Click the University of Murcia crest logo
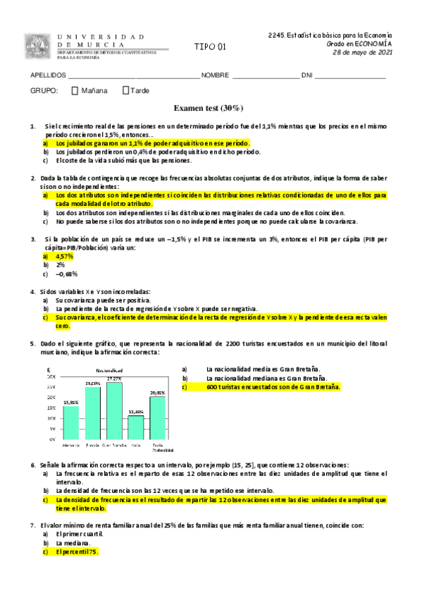tap(37, 46)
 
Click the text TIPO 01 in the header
tap(211, 47)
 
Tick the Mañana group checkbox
tap(75, 90)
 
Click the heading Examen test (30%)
tap(209, 108)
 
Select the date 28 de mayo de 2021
tap(362, 53)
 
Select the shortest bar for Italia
tap(136, 427)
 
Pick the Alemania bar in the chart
tap(70, 422)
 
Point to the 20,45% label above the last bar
tap(158, 392)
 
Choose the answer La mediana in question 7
tap(73, 543)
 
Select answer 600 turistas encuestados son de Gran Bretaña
tap(273, 386)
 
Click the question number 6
tap(32, 465)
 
